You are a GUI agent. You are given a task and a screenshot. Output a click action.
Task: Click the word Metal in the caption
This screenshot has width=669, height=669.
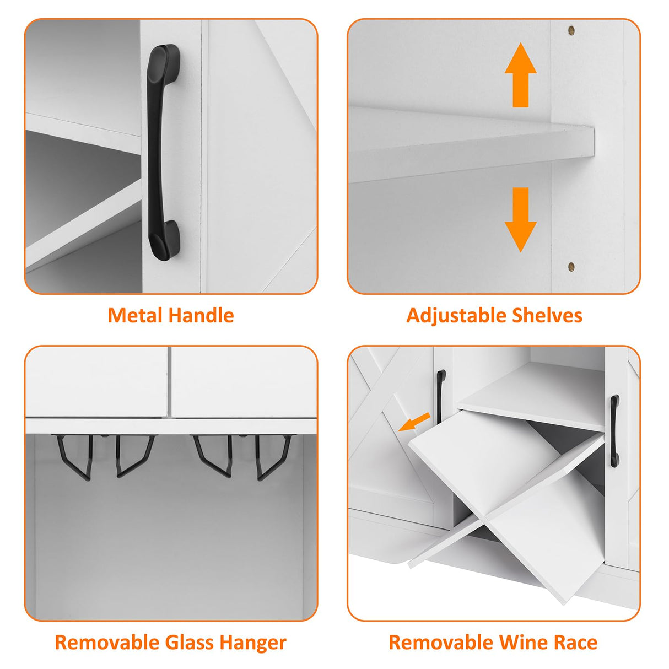click(135, 316)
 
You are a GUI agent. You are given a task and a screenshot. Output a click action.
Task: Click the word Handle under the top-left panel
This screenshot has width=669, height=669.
click(202, 316)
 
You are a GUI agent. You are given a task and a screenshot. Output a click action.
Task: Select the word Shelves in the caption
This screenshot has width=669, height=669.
click(542, 316)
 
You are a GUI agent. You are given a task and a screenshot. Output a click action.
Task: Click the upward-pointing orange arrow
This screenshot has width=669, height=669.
click(520, 74)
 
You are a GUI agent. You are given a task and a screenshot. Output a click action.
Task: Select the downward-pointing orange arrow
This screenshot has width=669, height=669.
click(520, 220)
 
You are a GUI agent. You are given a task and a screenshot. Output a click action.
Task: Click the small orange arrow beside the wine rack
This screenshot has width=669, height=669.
click(414, 422)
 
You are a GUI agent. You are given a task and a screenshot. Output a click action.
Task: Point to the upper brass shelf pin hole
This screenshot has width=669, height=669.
click(571, 30)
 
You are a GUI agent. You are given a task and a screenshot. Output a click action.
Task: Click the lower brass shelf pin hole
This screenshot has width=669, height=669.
click(571, 267)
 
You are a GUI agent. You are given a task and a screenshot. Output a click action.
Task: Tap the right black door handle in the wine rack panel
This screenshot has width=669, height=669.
click(614, 431)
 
